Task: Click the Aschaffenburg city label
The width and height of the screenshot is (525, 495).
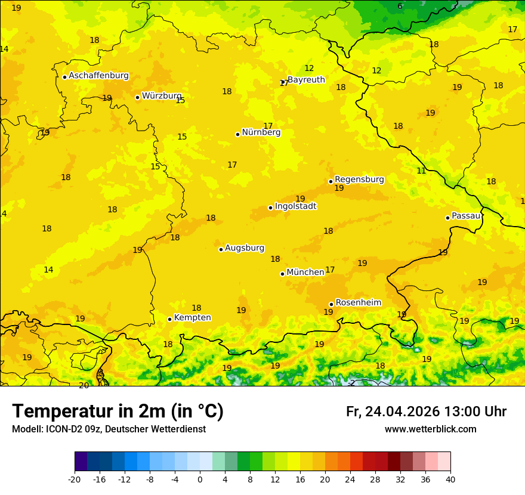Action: (x=98, y=76)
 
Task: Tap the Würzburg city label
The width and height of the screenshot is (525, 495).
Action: (x=162, y=96)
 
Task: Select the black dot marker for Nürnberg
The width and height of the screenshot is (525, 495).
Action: (x=237, y=134)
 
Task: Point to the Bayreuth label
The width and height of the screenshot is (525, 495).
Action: (x=306, y=80)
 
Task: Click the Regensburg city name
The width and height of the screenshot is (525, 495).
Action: (x=359, y=180)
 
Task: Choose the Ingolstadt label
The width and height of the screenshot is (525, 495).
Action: (x=295, y=206)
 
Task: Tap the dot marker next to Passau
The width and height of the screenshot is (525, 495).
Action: (x=447, y=218)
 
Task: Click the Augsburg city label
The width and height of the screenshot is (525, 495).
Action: (x=245, y=248)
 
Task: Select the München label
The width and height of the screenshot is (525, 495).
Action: (x=305, y=273)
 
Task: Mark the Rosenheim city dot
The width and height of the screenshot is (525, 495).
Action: (x=331, y=304)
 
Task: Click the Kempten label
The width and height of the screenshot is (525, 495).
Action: (x=192, y=318)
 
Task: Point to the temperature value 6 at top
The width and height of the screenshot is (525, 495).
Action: (x=400, y=7)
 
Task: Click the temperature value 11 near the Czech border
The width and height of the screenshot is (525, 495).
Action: (x=421, y=171)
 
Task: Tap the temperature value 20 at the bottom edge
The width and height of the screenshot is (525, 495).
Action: (x=84, y=385)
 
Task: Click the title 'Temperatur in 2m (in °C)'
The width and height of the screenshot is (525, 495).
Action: (x=118, y=412)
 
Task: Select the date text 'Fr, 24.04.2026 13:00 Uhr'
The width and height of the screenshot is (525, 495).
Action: (x=426, y=412)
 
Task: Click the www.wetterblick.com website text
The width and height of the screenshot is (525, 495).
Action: (x=430, y=429)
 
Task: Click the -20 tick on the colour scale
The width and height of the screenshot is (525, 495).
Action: (x=75, y=479)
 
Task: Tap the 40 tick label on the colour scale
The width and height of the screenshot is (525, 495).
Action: (x=450, y=479)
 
